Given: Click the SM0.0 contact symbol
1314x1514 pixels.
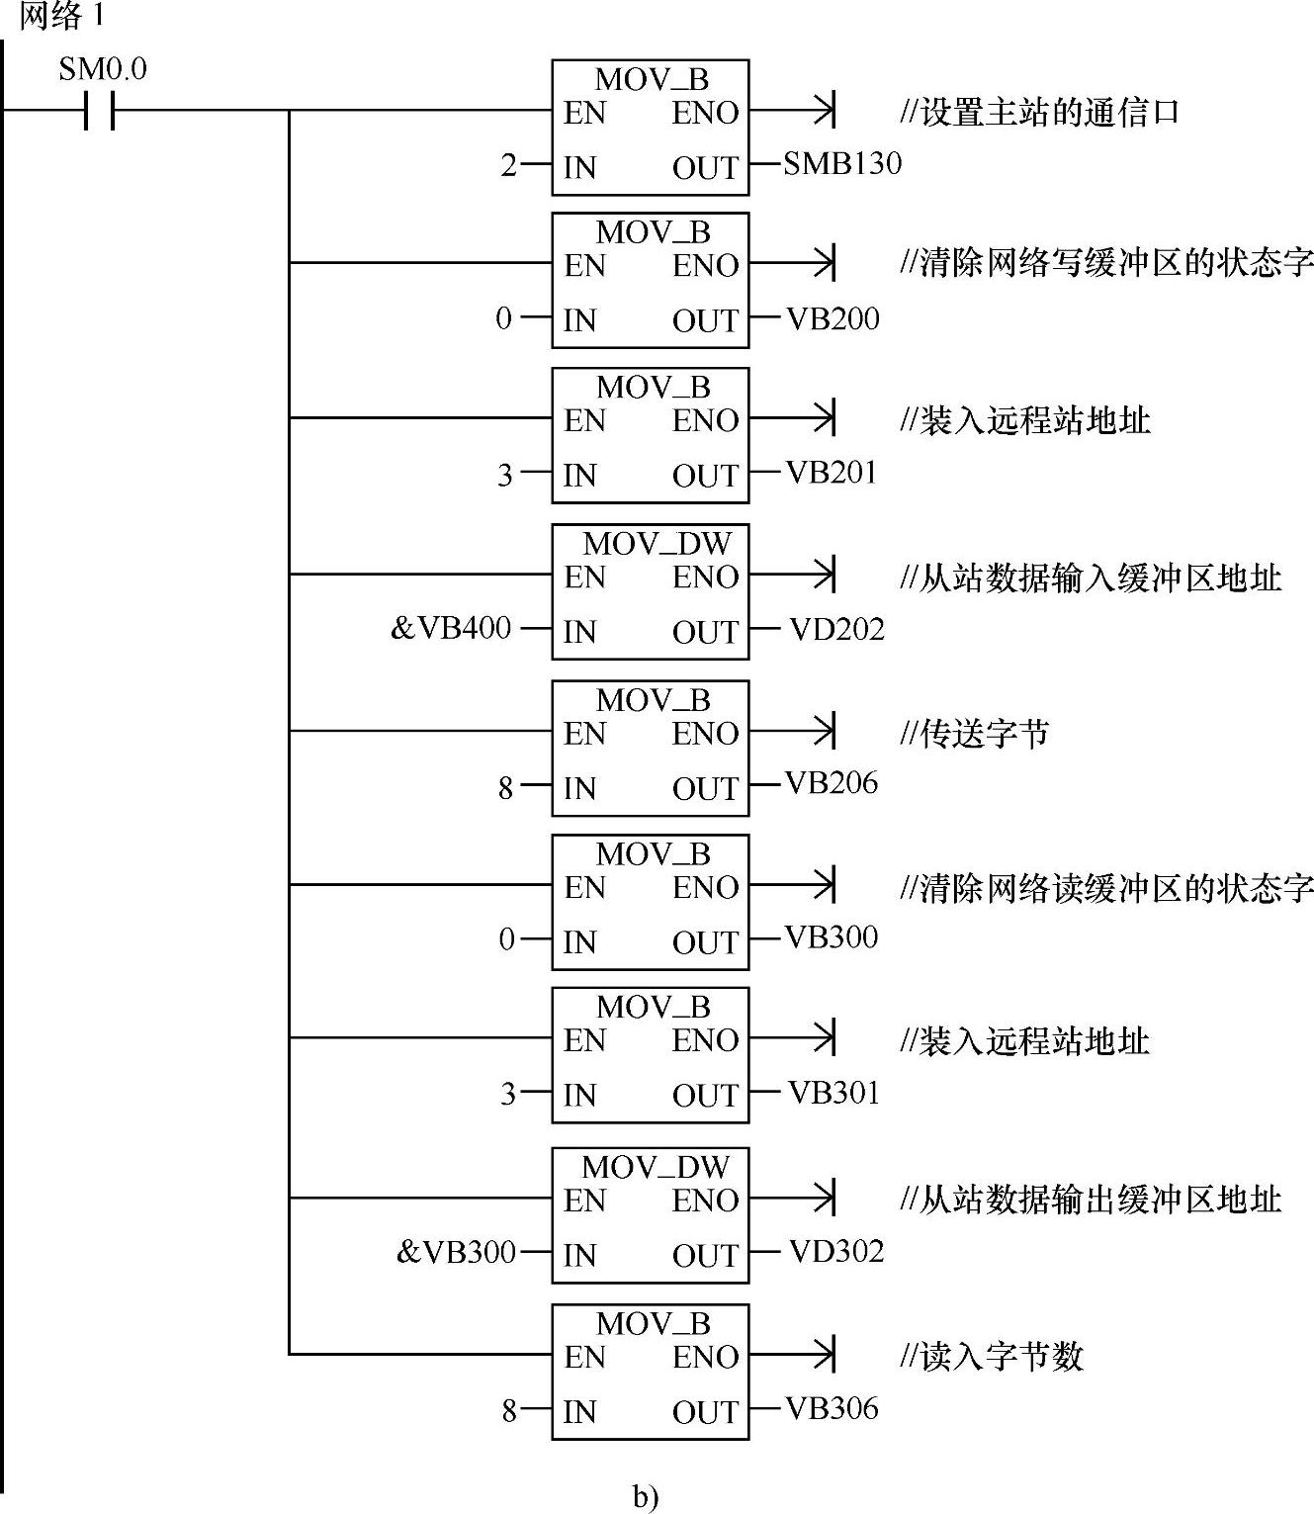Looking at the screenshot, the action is click(x=99, y=111).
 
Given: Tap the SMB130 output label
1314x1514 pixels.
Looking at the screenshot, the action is click(x=842, y=163).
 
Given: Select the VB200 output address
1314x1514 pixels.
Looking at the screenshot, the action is click(x=832, y=318).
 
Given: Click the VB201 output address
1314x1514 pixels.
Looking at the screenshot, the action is click(x=832, y=473).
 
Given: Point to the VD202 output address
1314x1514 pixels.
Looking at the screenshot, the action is click(x=836, y=629).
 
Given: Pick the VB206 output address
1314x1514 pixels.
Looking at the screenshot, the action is click(x=832, y=783).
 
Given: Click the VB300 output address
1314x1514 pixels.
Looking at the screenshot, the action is click(x=832, y=937).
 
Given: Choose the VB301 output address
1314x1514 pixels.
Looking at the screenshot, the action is click(x=833, y=1093).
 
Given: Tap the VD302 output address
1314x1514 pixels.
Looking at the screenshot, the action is click(x=836, y=1252).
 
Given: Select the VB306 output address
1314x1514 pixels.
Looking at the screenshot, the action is click(x=832, y=1408).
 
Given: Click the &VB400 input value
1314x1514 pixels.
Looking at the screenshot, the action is click(x=451, y=628).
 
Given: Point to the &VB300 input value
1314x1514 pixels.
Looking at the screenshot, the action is click(x=456, y=1252).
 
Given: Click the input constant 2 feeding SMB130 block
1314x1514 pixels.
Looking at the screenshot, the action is click(x=508, y=165).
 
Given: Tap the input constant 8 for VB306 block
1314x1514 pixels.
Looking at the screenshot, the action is click(x=508, y=1410).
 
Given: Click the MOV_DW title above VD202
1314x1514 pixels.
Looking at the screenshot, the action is click(x=657, y=543).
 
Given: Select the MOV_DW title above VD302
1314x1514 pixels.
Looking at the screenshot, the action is click(x=656, y=1167).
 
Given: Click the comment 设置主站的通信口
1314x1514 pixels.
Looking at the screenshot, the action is click(x=1040, y=112).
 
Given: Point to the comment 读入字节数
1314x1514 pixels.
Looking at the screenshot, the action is click(x=992, y=1356).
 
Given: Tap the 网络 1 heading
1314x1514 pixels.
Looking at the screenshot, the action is click(x=61, y=17).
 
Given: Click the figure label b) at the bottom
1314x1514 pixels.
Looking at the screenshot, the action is click(x=646, y=1497).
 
